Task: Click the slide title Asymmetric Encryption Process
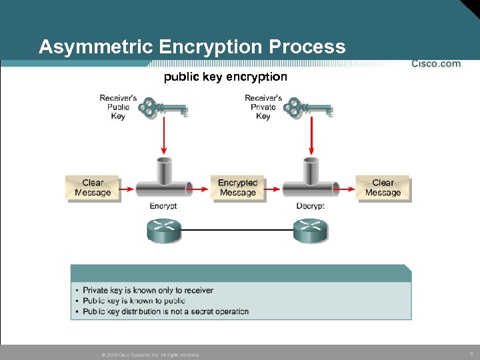point(192,47)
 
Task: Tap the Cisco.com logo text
point(436,64)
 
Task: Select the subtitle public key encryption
point(225,77)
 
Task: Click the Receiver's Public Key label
point(118,107)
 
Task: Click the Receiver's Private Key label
point(263,107)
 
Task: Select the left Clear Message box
point(93,188)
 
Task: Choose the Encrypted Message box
point(237,188)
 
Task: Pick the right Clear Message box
point(383,188)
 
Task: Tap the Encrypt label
point(163,206)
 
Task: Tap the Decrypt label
point(310,206)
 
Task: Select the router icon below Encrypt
point(163,231)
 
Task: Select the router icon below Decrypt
point(310,231)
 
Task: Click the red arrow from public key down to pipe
point(164,137)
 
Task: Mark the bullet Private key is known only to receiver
point(147,290)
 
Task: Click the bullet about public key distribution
point(165,311)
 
